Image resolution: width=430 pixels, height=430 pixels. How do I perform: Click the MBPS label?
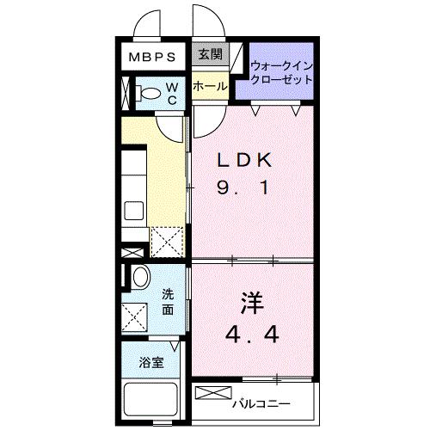[152, 57]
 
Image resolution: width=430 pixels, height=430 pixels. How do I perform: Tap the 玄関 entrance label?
[211, 54]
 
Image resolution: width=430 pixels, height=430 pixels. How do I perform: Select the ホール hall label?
[210, 86]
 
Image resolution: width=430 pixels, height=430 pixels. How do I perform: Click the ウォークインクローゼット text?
[281, 73]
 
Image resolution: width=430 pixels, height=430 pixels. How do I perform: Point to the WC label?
[172, 94]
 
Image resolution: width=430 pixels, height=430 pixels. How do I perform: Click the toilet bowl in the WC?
[148, 93]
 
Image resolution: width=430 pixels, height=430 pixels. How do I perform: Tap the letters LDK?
[244, 160]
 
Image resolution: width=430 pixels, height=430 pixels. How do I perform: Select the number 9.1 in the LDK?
[243, 187]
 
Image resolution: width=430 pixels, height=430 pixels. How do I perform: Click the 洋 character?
[252, 303]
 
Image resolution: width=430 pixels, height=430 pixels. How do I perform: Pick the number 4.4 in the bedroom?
[252, 335]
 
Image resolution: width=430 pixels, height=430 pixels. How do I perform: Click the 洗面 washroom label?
[168, 302]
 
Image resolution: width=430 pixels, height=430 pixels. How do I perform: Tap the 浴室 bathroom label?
[151, 363]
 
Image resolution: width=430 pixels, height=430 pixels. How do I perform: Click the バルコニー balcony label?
[261, 404]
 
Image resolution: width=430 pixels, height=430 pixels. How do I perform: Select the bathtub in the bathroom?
[150, 400]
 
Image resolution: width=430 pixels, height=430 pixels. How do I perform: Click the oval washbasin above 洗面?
[141, 277]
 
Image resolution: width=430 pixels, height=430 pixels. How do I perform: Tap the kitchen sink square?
[133, 211]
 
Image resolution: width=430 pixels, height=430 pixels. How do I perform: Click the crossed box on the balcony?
[213, 393]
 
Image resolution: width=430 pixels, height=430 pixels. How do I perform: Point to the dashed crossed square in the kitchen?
[167, 243]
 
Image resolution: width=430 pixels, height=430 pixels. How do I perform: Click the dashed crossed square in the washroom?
[134, 317]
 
